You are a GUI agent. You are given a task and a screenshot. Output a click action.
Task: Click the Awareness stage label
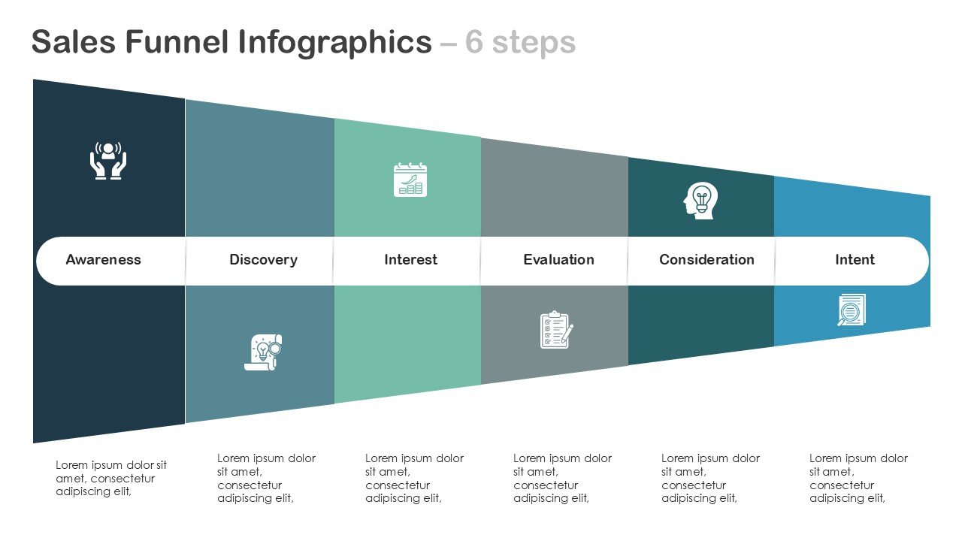coord(103,260)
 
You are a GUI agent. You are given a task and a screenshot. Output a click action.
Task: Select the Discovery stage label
coord(263,260)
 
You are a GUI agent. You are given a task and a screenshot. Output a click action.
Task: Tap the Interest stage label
coord(410,260)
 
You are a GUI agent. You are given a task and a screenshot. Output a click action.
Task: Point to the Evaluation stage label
coord(558,260)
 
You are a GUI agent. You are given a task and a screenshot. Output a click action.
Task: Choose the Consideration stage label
coord(706,260)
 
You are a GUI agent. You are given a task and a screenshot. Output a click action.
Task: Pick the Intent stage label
coord(855,260)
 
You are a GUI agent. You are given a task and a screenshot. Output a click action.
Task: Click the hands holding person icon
coord(109,160)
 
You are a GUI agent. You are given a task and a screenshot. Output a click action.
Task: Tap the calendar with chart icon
coord(410,180)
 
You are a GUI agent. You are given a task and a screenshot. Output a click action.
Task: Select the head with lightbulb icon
coord(701,201)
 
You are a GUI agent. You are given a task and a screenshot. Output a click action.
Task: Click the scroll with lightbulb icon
coord(263,352)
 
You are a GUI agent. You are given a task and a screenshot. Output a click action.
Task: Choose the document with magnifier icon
coord(852,310)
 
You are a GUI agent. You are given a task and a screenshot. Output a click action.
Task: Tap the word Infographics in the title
coord(334,43)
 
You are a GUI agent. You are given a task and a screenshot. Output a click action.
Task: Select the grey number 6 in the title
coord(473,43)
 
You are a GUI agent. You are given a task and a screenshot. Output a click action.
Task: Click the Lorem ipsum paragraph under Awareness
coord(111,479)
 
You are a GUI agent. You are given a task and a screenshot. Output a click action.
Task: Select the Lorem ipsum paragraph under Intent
coord(858,478)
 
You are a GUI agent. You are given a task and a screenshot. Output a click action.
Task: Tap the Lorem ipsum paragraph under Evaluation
coord(562,478)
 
